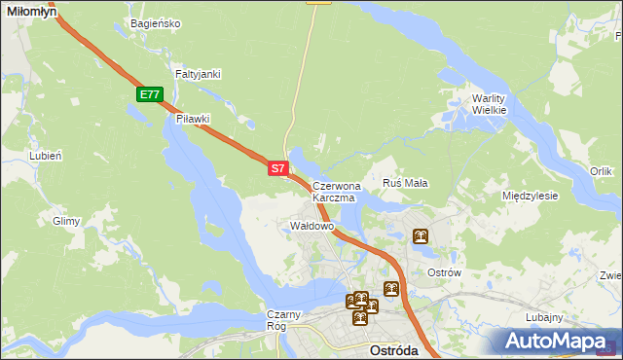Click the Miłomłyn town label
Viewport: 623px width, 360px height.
point(30,9)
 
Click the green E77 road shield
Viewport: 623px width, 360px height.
point(149,94)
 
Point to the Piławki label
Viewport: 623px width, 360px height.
point(194,119)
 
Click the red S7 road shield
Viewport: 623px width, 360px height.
point(277,168)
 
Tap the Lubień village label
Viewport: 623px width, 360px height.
point(46,155)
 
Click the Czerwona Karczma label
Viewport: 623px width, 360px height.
point(336,191)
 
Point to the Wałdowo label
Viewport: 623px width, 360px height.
point(312,226)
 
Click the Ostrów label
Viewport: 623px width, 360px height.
point(444,272)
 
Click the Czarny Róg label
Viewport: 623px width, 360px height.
point(287,320)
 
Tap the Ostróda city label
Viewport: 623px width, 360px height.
point(395,349)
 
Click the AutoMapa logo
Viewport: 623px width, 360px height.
point(559,341)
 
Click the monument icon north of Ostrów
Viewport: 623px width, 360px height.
point(421,236)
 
